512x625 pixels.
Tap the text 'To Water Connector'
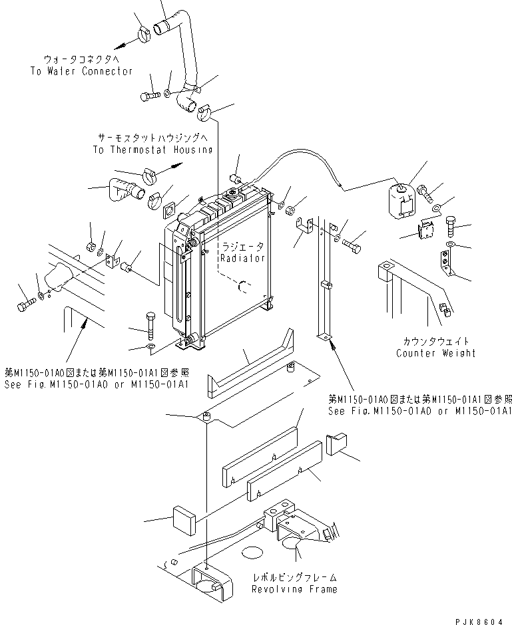pos(81,71)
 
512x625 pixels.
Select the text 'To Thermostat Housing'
pos(152,150)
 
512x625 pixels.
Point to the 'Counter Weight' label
pos(435,353)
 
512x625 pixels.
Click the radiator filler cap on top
pos(234,193)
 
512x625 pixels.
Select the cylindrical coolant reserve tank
pos(401,201)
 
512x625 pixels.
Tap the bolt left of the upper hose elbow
pos(148,96)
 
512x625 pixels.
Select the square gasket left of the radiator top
pos(168,211)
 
